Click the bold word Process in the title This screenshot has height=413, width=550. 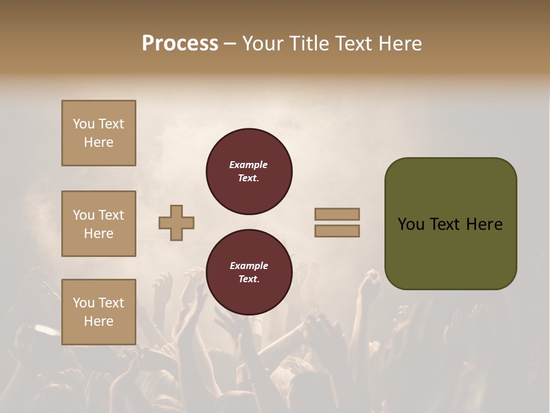click(180, 44)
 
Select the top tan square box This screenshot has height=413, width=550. click(99, 133)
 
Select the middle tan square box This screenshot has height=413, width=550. click(99, 224)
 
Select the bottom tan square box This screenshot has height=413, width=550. click(99, 312)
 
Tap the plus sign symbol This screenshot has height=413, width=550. click(176, 223)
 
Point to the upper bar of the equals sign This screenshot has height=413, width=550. click(337, 215)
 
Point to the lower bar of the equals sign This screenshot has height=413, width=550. click(337, 231)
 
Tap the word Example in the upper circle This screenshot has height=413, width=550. click(249, 165)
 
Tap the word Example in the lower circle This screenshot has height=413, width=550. click(249, 266)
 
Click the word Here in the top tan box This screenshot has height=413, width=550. click(99, 142)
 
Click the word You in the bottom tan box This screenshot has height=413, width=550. click(84, 303)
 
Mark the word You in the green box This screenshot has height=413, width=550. click(411, 224)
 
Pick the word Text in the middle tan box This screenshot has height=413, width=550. click(111, 215)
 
